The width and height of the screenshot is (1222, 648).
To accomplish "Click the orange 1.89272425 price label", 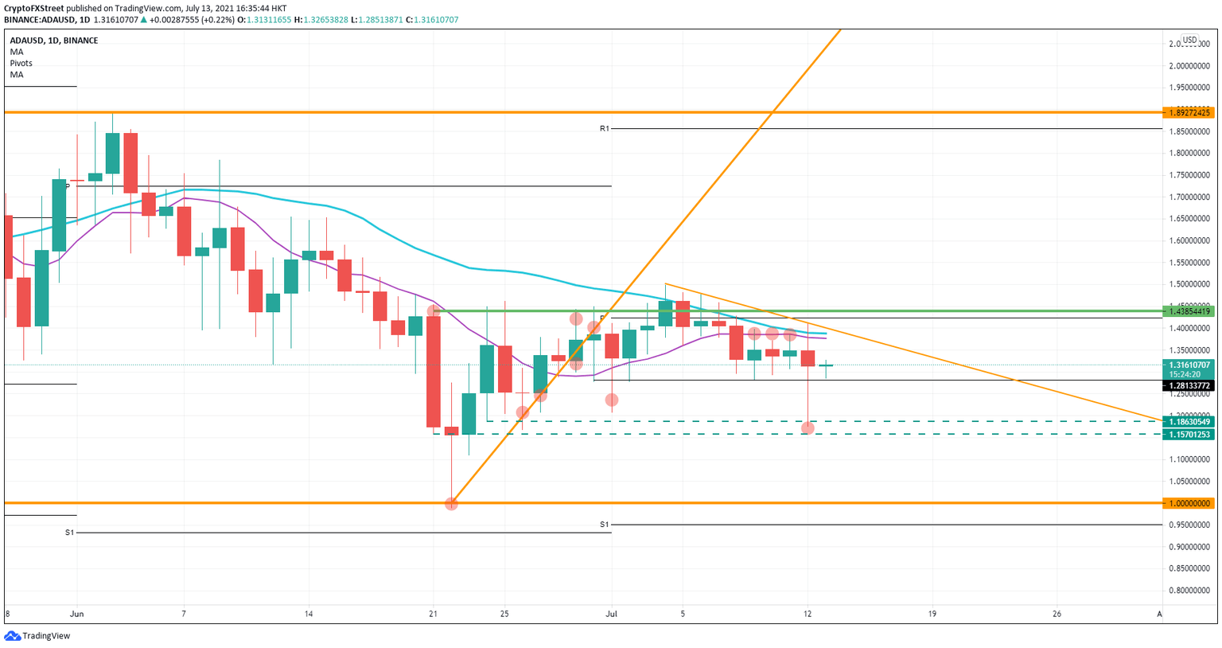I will pos(1188,113).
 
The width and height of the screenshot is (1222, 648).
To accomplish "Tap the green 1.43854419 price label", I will pos(1188,311).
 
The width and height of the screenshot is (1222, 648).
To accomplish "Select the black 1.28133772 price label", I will pos(1188,386).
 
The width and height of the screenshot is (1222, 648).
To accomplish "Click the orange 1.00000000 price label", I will pos(1188,503).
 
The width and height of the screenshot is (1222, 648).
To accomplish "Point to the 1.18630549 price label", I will pos(1188,422).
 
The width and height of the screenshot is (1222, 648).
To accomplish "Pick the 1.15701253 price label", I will pos(1188,435).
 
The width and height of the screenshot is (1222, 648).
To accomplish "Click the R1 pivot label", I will pos(605,128).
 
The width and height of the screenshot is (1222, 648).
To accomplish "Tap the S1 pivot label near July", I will pos(605,525).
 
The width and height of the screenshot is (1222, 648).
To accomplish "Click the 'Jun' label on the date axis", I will pos(77,614).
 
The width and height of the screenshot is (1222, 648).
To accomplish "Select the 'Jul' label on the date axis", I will pos(612,614).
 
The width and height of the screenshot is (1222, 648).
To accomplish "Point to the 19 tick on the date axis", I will pos(932,614).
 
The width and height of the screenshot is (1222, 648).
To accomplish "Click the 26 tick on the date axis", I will pos(1057,614).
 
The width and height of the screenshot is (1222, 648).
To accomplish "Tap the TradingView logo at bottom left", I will pos(37,635).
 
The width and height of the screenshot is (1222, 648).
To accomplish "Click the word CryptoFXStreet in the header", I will pos(33,9).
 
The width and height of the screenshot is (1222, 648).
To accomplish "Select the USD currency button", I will pos(1189,40).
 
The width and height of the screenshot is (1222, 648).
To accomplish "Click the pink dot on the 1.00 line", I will pos(451,504).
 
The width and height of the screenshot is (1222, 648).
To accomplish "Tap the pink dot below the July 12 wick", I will pos(808,428).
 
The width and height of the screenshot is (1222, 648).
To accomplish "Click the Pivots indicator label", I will pos(21,63).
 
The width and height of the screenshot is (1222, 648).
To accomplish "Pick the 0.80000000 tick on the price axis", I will pos(1189,591).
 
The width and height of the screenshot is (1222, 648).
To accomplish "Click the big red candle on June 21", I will pos(434,372).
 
